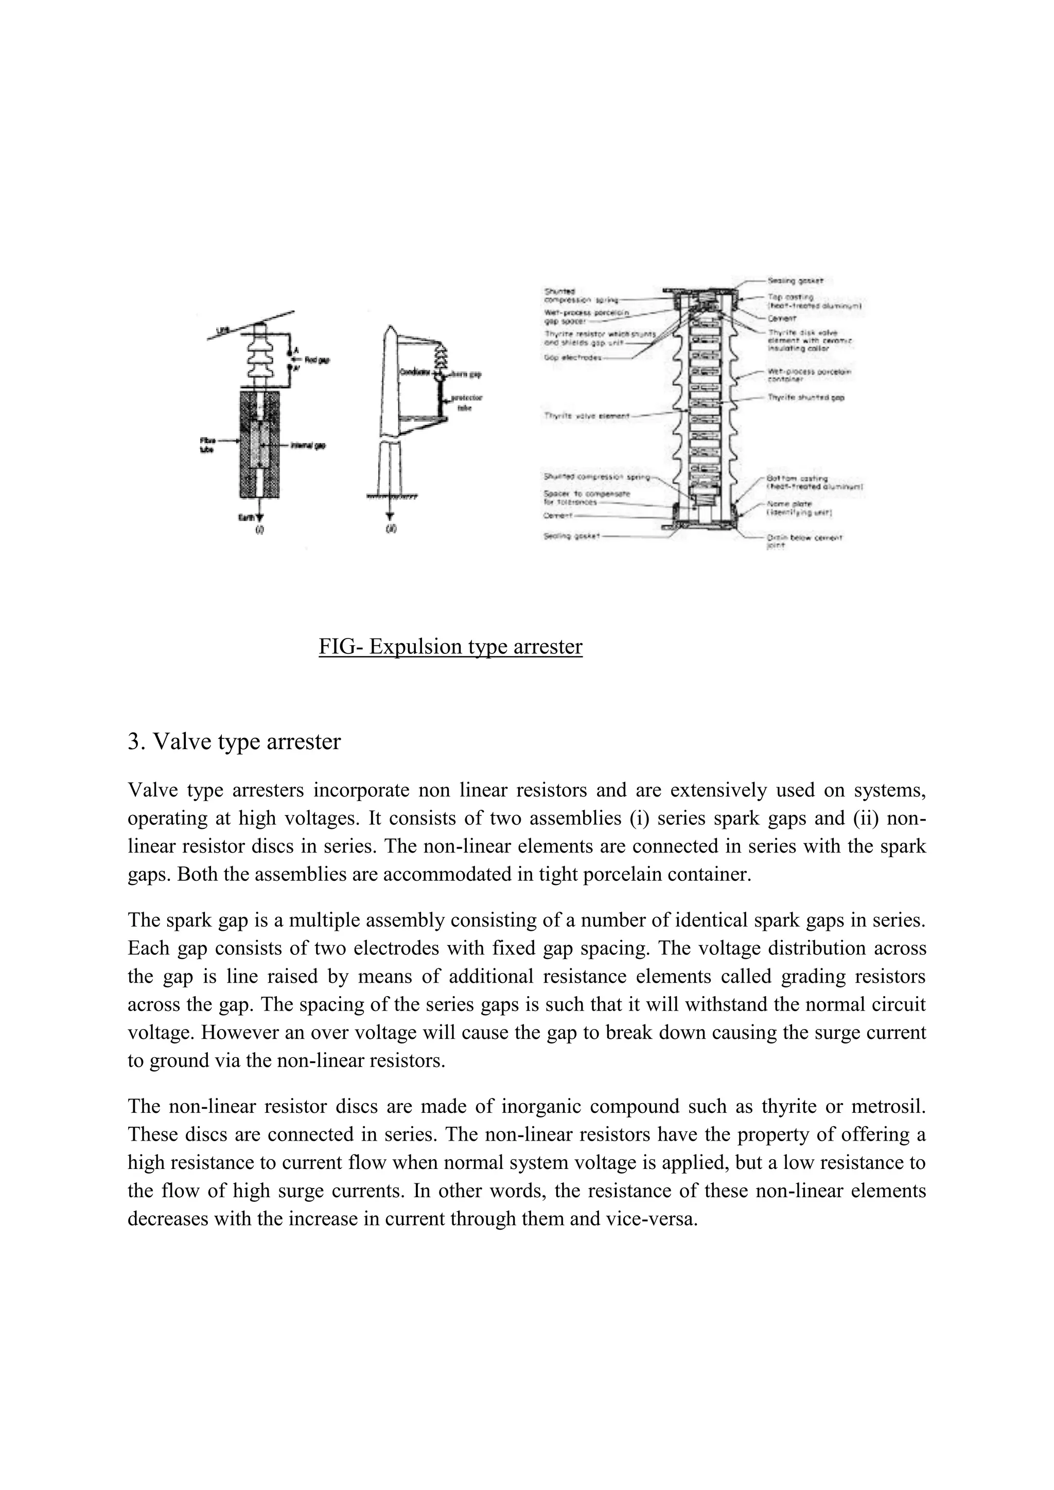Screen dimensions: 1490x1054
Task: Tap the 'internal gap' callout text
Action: pyautogui.click(x=311, y=446)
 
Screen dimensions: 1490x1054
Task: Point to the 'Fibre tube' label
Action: pyautogui.click(x=207, y=445)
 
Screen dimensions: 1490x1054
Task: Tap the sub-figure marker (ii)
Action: pyautogui.click(x=391, y=529)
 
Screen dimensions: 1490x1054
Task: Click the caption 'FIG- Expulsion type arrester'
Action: pyautogui.click(x=450, y=647)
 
